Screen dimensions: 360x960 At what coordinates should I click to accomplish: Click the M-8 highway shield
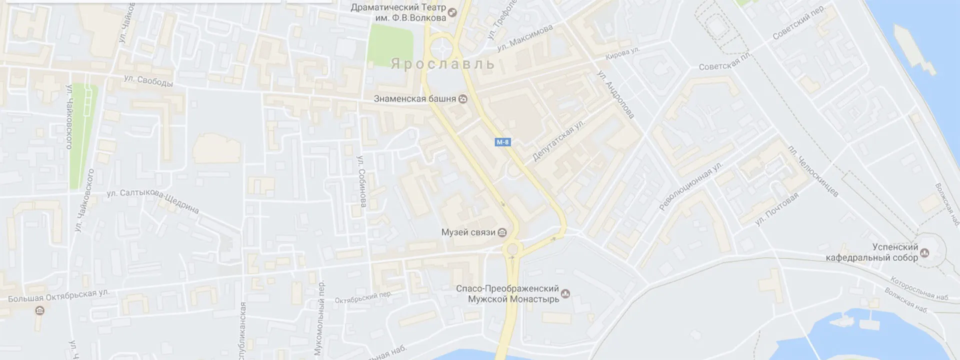[x=502, y=142]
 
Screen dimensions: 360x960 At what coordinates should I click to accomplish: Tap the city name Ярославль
[x=442, y=64]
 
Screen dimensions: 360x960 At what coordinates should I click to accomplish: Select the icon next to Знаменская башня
[x=463, y=99]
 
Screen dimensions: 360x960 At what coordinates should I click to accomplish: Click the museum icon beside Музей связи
[x=502, y=232]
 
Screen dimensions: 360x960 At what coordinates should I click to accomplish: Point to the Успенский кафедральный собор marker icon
[x=924, y=252]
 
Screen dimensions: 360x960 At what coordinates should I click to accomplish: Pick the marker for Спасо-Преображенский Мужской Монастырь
[x=565, y=293]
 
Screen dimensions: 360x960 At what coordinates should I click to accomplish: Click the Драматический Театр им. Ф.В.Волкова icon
[x=452, y=12]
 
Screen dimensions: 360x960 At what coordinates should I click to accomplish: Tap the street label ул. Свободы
[x=148, y=81]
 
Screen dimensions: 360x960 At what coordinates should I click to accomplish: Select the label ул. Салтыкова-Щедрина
[x=153, y=200]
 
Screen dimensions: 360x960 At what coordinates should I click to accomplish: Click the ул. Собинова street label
[x=362, y=181]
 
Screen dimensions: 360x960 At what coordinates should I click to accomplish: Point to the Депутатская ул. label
[x=558, y=140]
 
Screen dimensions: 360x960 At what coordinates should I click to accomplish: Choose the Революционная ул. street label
[x=691, y=186]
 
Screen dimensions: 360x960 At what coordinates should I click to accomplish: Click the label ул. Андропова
[x=615, y=94]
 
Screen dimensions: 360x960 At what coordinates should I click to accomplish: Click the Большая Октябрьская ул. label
[x=58, y=295]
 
